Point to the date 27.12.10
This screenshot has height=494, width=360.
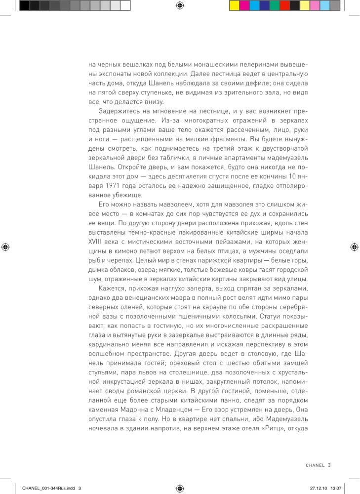click(x=319, y=488)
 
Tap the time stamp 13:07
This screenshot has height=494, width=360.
click(x=336, y=488)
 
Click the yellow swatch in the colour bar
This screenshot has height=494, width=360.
click(x=235, y=5)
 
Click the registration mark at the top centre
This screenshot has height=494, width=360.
click(x=180, y=5)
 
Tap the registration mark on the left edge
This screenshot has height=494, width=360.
click(x=6, y=247)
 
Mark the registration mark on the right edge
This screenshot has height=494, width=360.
click(x=354, y=247)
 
